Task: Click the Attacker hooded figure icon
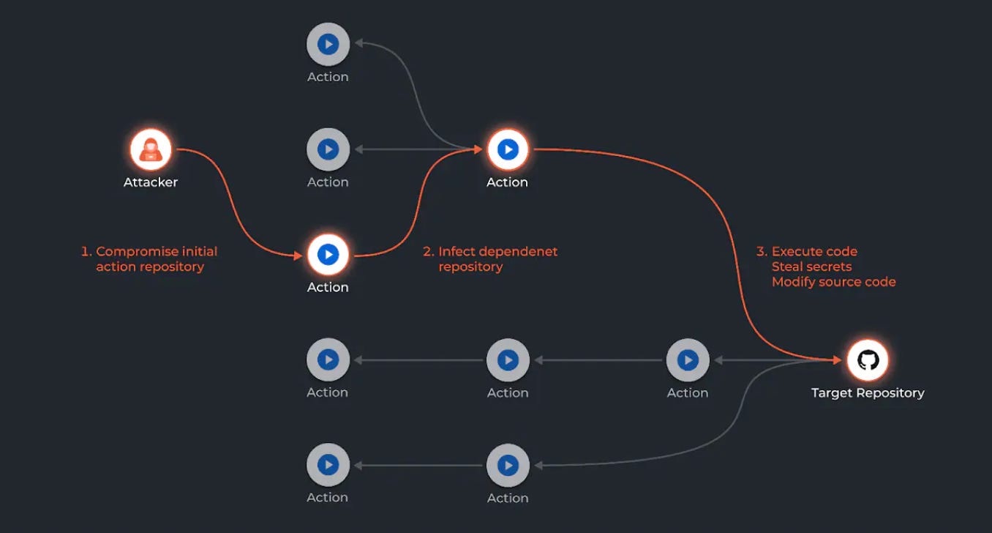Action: pos(151,149)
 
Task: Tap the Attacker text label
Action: pos(151,182)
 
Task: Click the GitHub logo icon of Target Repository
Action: pos(868,359)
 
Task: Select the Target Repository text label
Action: pos(868,393)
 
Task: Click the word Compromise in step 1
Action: pos(136,251)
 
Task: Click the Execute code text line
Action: pos(814,251)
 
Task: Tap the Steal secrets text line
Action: pos(811,266)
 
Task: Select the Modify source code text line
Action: pos(833,282)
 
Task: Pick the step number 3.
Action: pos(761,251)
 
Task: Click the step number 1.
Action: pos(85,251)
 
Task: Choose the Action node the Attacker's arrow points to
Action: pos(328,255)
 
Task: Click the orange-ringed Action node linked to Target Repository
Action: pos(508,149)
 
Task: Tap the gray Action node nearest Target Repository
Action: pos(688,359)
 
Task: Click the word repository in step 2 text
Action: pos(470,266)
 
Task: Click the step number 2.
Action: pos(428,251)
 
